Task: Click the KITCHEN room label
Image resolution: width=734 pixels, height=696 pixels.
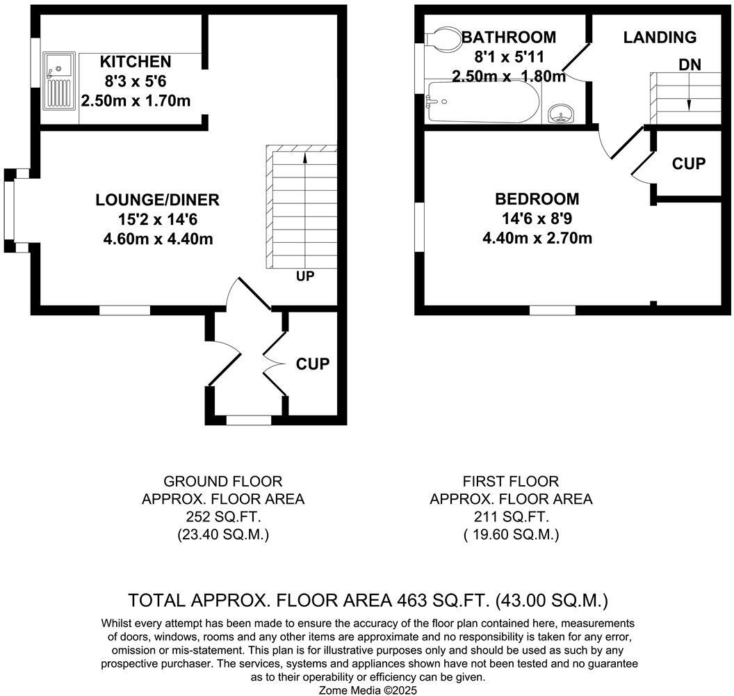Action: click(x=135, y=61)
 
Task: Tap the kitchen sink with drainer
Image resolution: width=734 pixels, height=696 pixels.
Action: click(x=59, y=81)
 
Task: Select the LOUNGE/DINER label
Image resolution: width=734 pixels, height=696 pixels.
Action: click(x=157, y=200)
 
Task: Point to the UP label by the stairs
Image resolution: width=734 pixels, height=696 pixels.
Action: click(x=305, y=276)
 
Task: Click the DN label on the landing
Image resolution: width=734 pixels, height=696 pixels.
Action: click(x=690, y=65)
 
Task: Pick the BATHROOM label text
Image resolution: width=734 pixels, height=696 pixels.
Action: click(x=509, y=38)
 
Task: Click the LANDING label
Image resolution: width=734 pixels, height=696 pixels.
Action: click(x=659, y=38)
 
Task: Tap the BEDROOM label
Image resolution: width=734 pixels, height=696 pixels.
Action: click(x=537, y=199)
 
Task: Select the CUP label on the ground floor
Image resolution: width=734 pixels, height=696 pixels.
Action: click(x=312, y=364)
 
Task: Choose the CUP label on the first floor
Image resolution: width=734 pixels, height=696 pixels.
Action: click(x=689, y=164)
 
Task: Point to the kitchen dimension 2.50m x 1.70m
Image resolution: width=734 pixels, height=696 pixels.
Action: click(x=135, y=101)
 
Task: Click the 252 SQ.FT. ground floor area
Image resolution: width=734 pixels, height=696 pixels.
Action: click(x=222, y=517)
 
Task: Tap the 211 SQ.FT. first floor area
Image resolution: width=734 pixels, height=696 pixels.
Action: click(x=511, y=517)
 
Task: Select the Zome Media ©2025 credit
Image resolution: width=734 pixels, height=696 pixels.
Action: click(x=368, y=690)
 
